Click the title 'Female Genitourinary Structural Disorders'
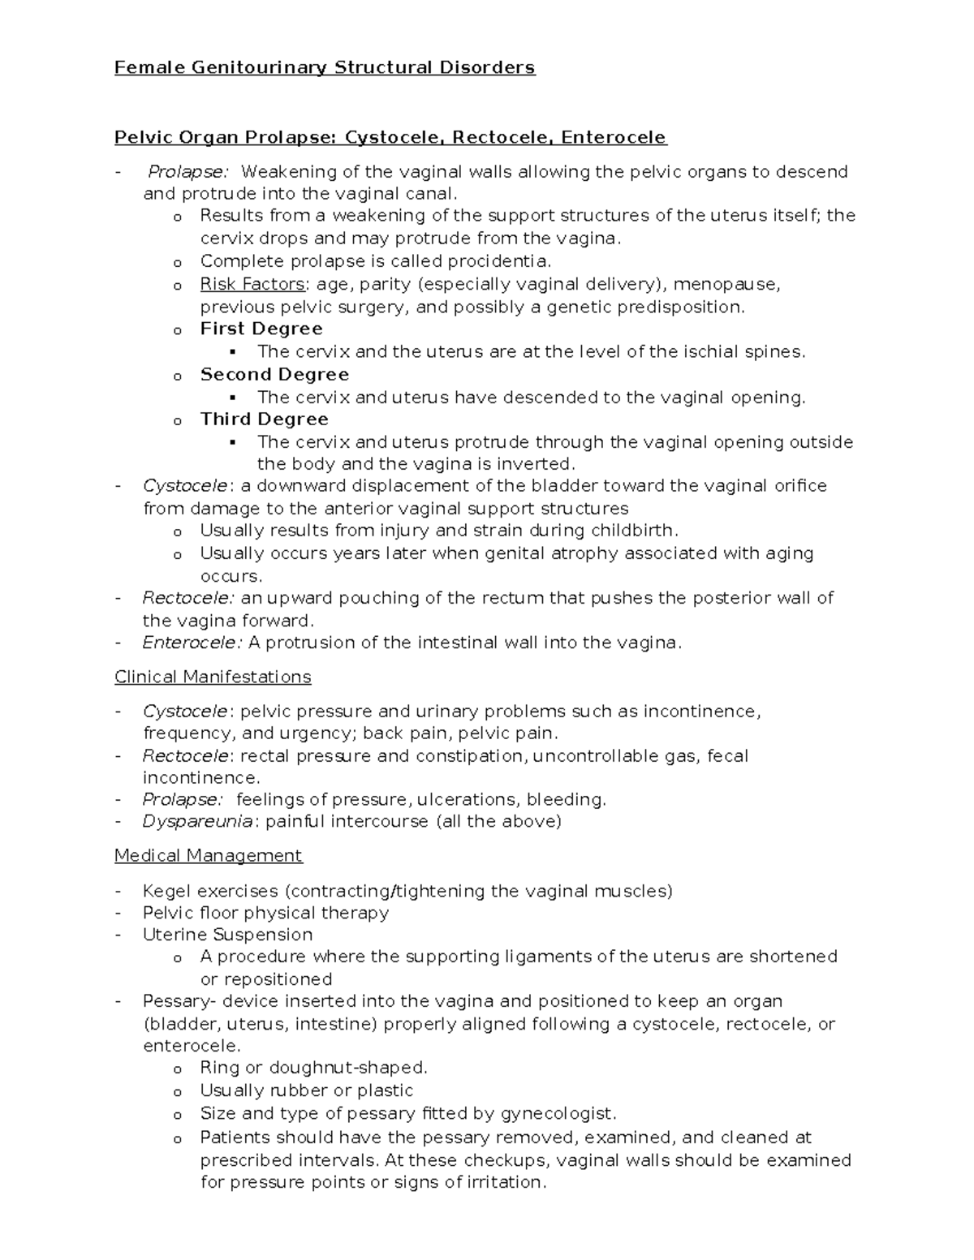click(x=325, y=67)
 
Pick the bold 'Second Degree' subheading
click(x=274, y=374)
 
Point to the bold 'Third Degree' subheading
click(x=264, y=419)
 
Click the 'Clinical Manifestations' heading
click(x=213, y=677)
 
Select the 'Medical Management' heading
click(x=208, y=855)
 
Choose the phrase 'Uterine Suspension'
click(x=227, y=935)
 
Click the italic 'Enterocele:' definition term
click(x=192, y=643)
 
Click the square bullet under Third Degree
click(x=234, y=442)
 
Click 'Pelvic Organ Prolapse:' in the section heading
click(x=225, y=138)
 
